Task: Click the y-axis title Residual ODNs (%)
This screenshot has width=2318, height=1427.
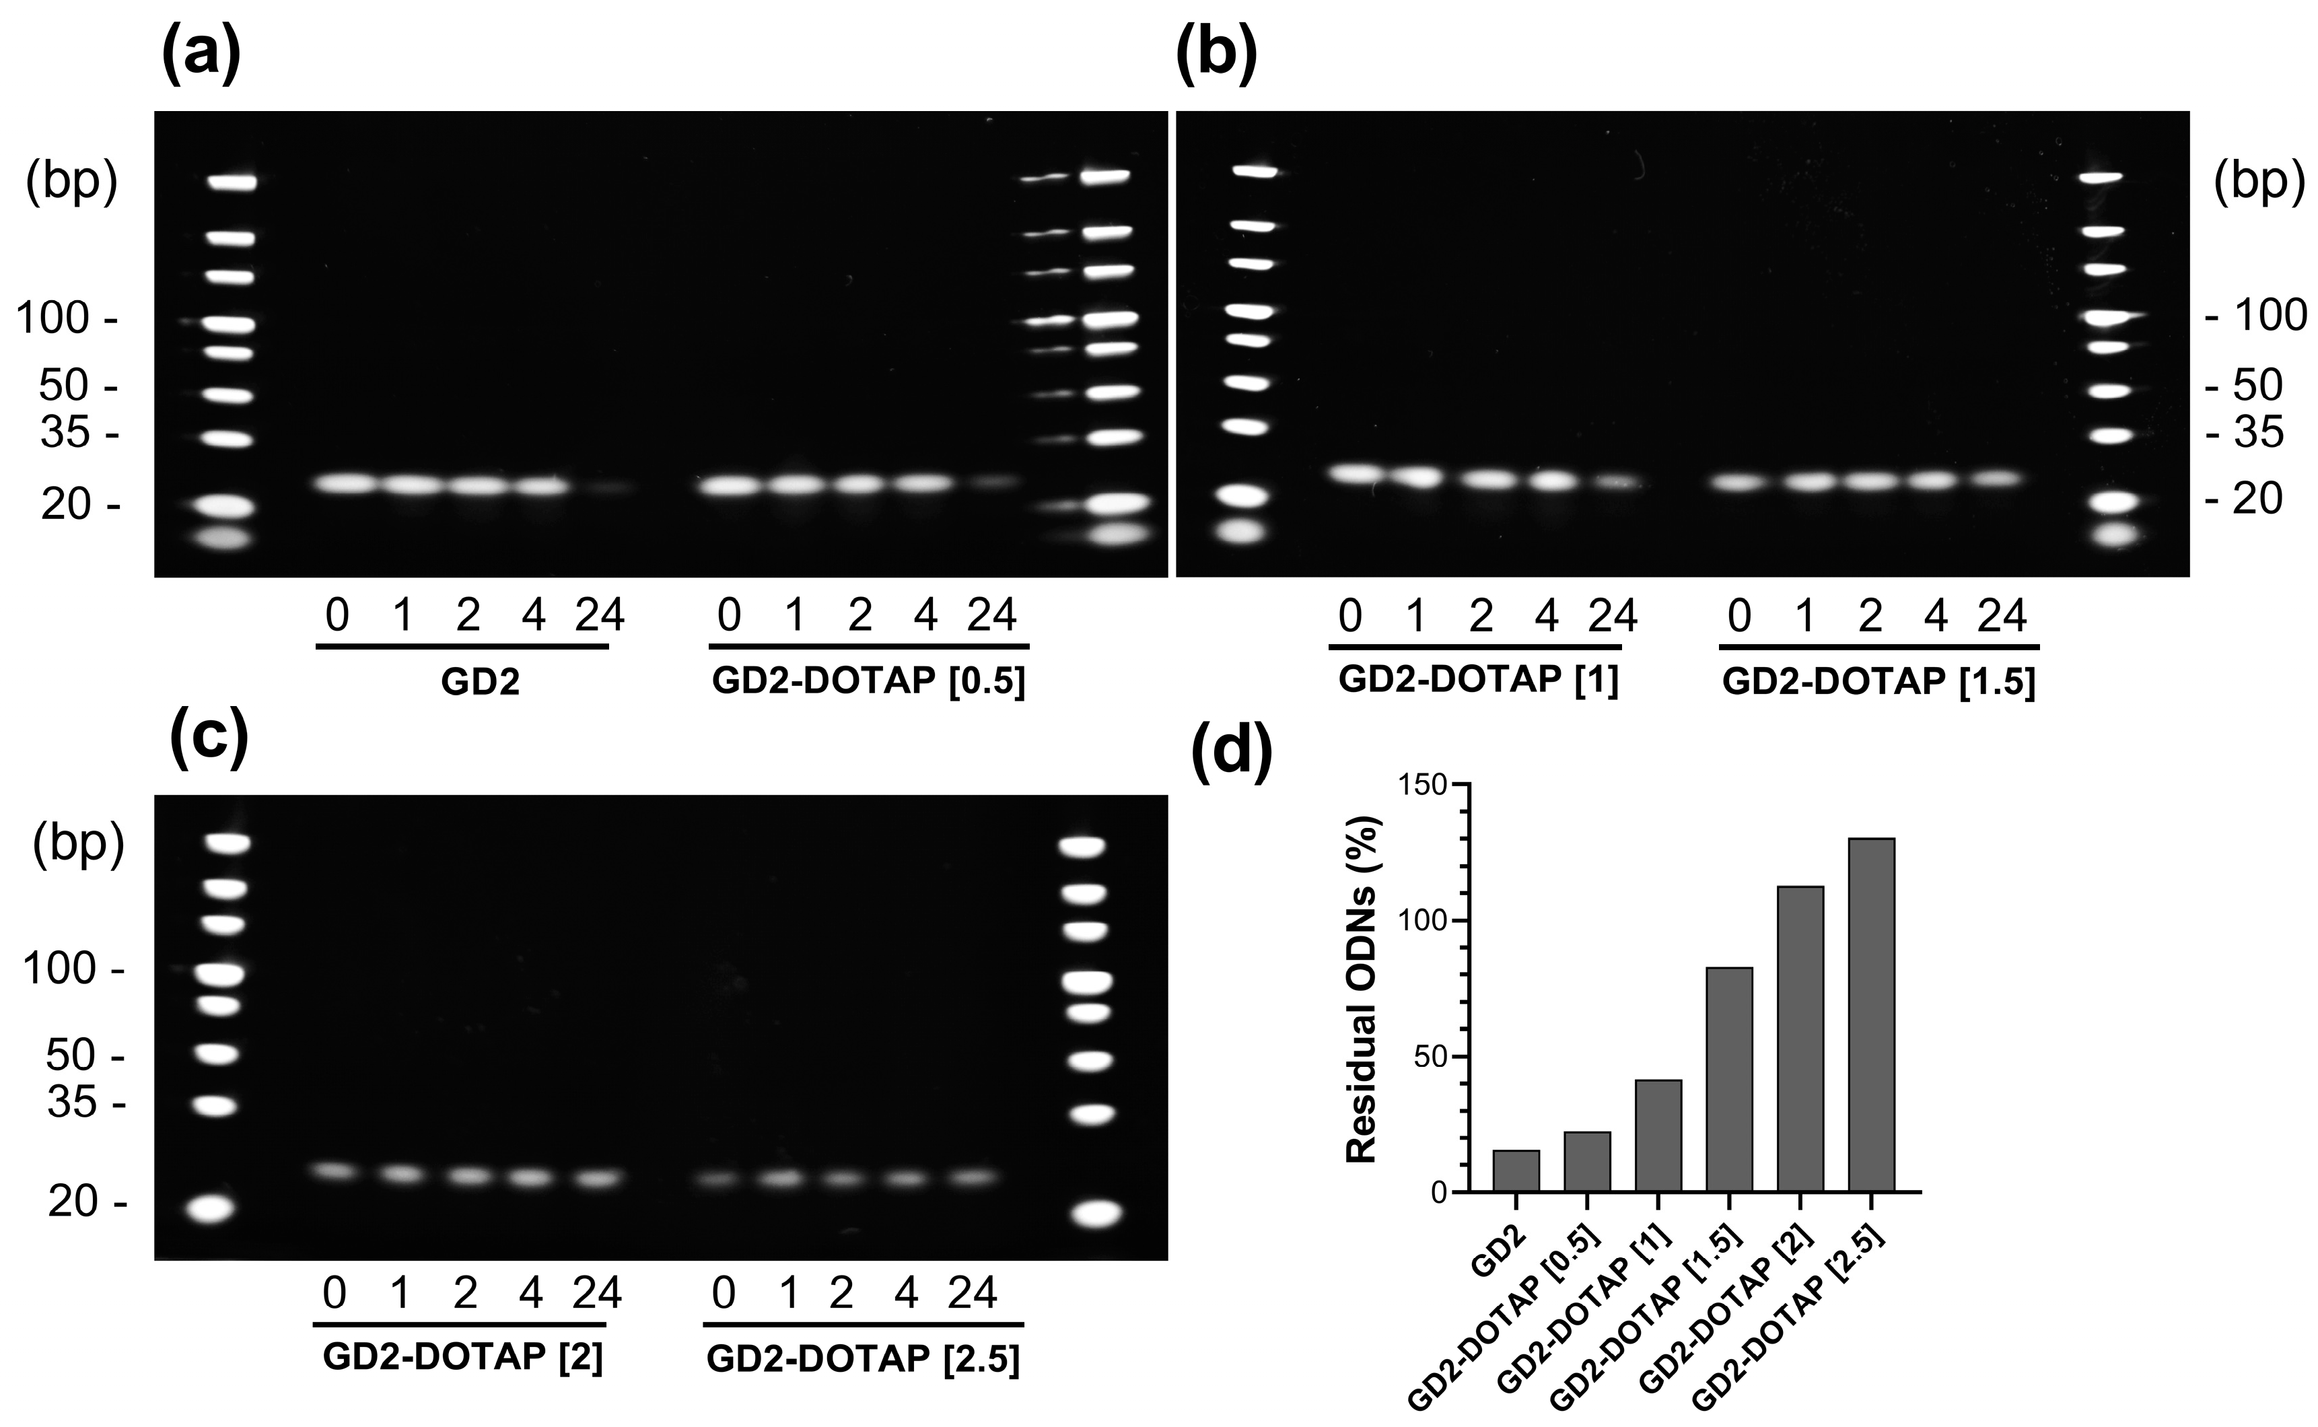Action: pos(1362,989)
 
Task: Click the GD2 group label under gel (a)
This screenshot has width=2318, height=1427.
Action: pos(480,681)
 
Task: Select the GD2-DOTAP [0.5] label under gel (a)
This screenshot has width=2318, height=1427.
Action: pos(868,681)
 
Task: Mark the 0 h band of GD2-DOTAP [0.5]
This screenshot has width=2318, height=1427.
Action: pos(730,486)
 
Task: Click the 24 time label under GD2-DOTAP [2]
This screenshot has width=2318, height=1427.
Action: pos(597,1293)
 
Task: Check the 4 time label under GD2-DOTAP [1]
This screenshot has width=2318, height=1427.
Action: pos(1546,617)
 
